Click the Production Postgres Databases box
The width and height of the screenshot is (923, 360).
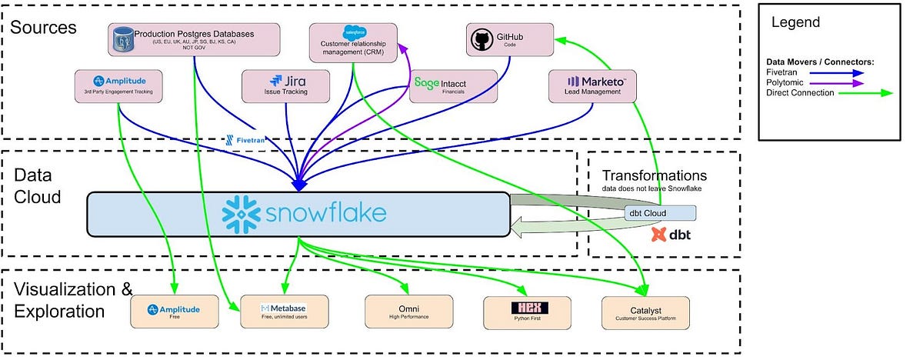tap(192, 38)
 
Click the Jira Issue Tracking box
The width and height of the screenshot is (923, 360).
tap(285, 85)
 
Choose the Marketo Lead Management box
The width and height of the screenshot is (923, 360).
tap(592, 85)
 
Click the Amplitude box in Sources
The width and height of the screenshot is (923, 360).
tap(118, 85)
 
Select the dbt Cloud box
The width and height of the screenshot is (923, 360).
tap(660, 212)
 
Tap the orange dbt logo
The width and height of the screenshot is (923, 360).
tap(658, 234)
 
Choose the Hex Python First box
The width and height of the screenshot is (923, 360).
tap(527, 312)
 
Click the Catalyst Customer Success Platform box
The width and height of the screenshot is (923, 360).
tap(645, 312)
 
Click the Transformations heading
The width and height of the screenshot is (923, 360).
tap(654, 176)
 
